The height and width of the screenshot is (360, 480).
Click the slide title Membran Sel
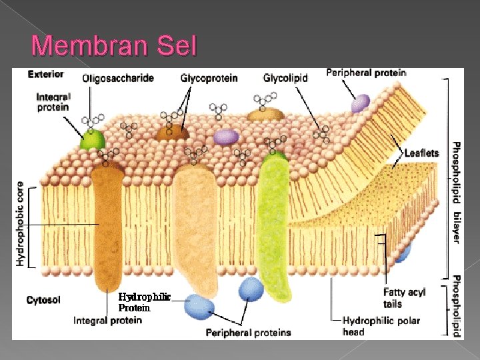pos(114,46)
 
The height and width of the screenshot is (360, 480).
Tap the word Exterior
pos(46,74)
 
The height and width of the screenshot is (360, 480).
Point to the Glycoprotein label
pos(209,78)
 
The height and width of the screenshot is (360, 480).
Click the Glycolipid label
pos(285,78)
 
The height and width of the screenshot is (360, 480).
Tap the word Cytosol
pos(43,300)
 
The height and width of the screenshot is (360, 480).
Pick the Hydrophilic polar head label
pos(381,326)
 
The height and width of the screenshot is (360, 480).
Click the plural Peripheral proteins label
pos(248,332)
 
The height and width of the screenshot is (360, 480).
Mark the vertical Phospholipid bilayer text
pos(457,193)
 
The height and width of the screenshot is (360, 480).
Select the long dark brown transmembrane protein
pos(109,227)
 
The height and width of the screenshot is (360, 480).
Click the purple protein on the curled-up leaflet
pos(360,103)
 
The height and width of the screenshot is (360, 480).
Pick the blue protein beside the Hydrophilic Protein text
pos(200,305)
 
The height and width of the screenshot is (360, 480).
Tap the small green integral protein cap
pos(93,139)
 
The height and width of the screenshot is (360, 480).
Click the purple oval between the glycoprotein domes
pos(226,137)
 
